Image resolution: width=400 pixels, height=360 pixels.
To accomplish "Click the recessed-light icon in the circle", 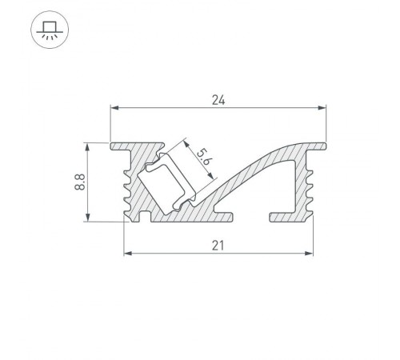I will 48,29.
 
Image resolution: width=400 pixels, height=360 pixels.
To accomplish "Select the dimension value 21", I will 218,246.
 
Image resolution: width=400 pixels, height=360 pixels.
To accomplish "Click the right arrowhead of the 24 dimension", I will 323,107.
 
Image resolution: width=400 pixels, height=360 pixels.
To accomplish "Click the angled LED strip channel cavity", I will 168,182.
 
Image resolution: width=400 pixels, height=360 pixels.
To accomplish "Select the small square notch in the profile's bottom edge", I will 145,215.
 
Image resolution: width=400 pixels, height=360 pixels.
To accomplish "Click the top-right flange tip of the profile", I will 324,145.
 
